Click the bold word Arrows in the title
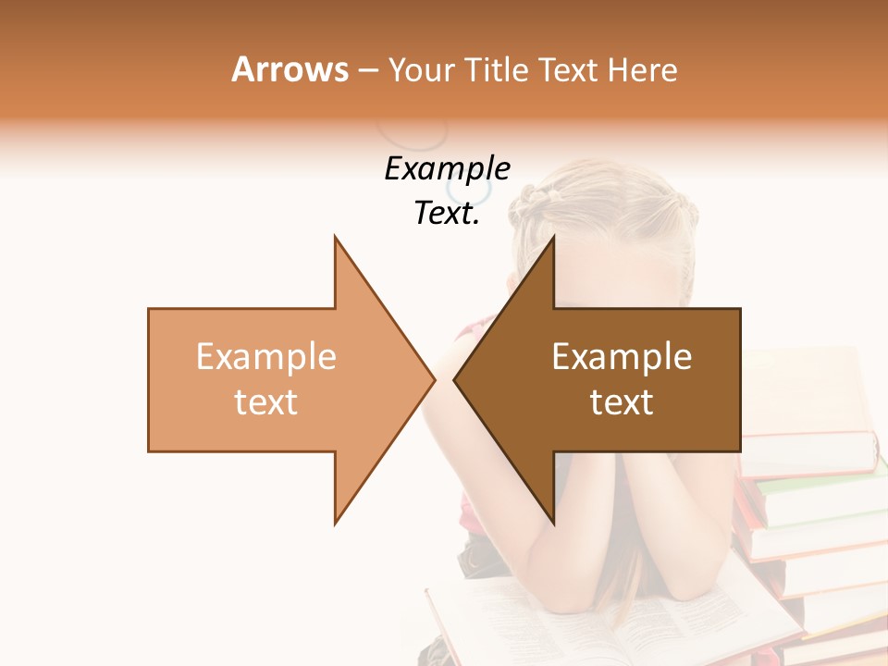pos(290,69)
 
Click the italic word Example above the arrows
pos(447,169)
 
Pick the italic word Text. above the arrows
pos(447,214)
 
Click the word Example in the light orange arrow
pos(266,357)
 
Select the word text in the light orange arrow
pos(266,402)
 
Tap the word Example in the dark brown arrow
pos(622,357)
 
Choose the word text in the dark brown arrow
pos(622,402)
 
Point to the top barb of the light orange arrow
pos(338,242)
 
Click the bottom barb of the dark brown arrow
pos(551,518)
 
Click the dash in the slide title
pos(367,70)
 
